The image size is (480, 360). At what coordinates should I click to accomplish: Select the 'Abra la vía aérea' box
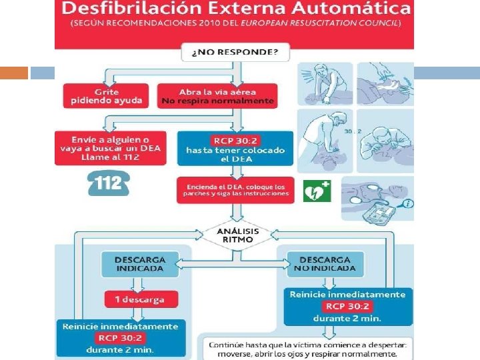[217, 95]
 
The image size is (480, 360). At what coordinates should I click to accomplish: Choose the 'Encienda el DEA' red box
[235, 190]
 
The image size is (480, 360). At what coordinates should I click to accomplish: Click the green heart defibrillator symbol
[317, 191]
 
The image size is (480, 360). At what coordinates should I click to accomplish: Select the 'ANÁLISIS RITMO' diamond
[238, 235]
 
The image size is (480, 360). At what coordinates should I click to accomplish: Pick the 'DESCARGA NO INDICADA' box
[325, 264]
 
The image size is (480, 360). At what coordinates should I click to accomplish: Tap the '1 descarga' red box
[141, 299]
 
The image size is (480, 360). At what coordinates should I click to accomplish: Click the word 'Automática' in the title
[361, 9]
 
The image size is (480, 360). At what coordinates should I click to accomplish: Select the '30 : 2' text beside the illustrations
[353, 131]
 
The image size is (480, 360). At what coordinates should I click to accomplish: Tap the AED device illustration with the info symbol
[377, 199]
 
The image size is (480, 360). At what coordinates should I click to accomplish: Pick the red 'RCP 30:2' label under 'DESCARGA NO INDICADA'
[347, 307]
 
